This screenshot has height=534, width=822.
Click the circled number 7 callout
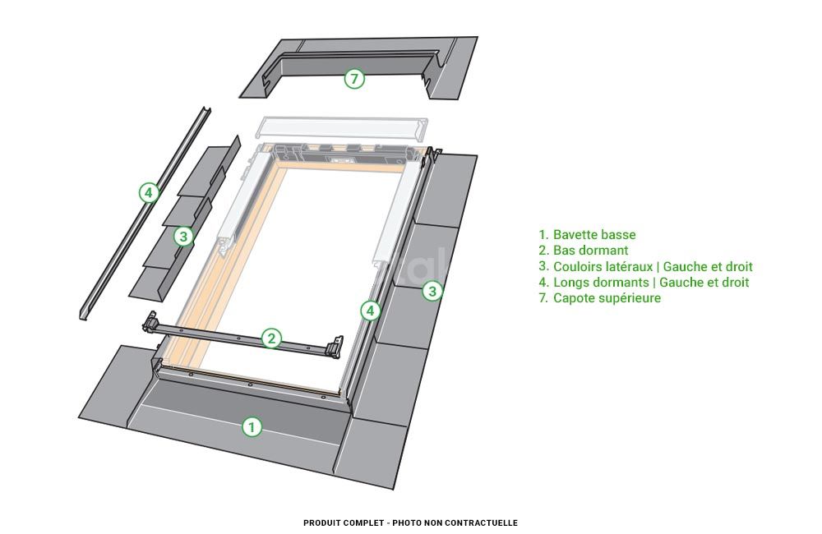(354, 79)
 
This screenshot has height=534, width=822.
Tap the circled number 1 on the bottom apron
(252, 427)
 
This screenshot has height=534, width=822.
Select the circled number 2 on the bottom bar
(271, 338)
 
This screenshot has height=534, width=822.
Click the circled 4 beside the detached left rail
(149, 193)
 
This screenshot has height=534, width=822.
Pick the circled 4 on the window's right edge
(371, 311)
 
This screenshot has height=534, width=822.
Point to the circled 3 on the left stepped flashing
(183, 237)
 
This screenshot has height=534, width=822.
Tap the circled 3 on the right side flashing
(432, 291)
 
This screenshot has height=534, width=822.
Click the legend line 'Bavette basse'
(587, 235)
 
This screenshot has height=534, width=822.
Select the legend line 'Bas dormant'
(584, 251)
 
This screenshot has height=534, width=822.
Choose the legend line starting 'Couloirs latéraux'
(645, 266)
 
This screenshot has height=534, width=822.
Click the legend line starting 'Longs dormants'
(644, 283)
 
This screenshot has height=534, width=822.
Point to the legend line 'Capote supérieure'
(600, 298)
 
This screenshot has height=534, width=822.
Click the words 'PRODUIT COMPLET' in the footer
(344, 522)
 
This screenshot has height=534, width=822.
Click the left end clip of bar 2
(151, 323)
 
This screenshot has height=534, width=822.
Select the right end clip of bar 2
(334, 348)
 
